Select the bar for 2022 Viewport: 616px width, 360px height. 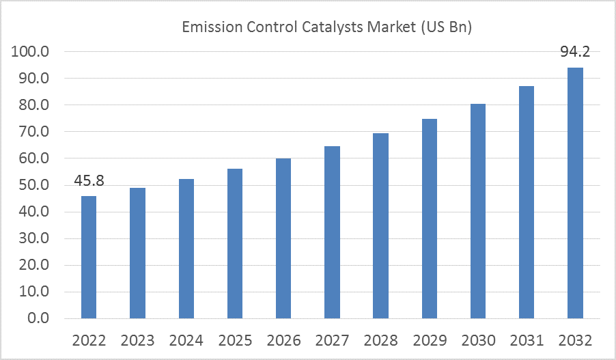[89, 257]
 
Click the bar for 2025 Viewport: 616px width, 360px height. [235, 243]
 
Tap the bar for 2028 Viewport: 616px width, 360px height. [380, 225]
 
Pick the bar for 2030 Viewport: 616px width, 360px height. [478, 211]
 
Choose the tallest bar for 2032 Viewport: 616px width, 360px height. [576, 193]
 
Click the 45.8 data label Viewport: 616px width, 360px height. [89, 181]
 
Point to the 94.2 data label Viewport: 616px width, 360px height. [575, 52]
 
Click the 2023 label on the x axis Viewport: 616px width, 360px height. [137, 340]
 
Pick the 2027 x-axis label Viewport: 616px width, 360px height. [333, 340]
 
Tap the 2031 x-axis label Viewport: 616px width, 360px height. [527, 340]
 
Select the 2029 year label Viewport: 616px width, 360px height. [430, 340]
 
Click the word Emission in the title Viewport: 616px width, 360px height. [212, 27]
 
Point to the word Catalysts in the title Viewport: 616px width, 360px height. [332, 27]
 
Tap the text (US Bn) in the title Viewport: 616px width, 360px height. [446, 27]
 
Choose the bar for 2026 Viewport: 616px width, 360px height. [283, 238]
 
